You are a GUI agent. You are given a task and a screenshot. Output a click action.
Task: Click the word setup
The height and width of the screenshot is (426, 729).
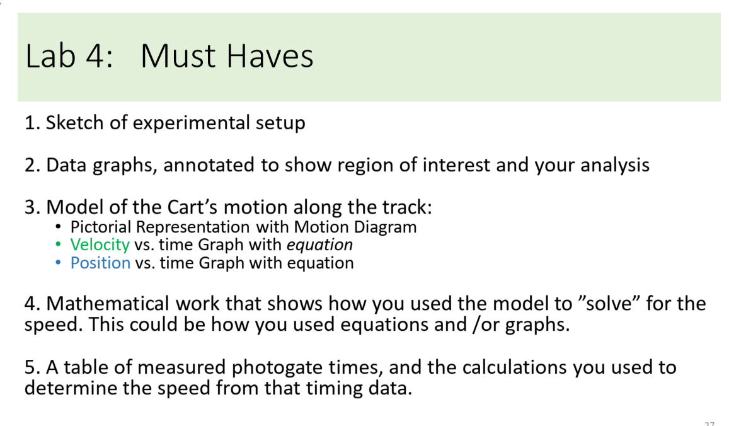(x=280, y=122)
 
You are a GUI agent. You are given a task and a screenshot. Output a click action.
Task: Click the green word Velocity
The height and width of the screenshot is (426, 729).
(x=100, y=245)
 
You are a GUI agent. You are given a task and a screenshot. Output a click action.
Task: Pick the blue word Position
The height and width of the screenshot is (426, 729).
(x=100, y=263)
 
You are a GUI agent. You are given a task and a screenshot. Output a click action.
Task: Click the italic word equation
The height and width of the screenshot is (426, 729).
(x=323, y=245)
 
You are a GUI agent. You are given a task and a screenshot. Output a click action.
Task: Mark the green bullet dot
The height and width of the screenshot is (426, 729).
(x=59, y=245)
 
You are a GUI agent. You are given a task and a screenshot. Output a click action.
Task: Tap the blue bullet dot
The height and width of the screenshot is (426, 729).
(x=59, y=263)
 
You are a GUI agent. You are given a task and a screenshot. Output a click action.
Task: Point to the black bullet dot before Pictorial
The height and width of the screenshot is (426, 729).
(x=59, y=226)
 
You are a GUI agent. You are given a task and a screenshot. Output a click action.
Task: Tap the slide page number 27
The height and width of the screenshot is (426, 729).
(x=709, y=423)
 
